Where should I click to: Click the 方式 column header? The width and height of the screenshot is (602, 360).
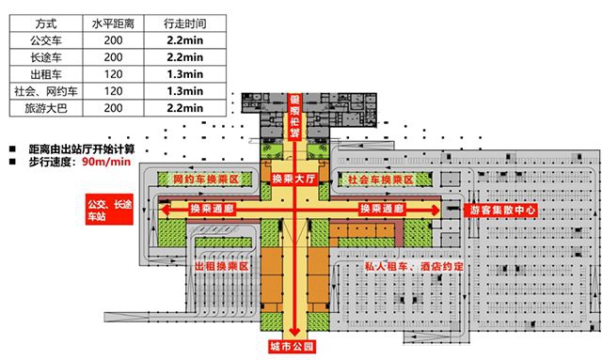coord(45,21)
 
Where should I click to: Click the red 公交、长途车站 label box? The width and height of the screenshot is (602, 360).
coord(107,209)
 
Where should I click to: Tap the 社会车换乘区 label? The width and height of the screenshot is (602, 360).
coord(381,179)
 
